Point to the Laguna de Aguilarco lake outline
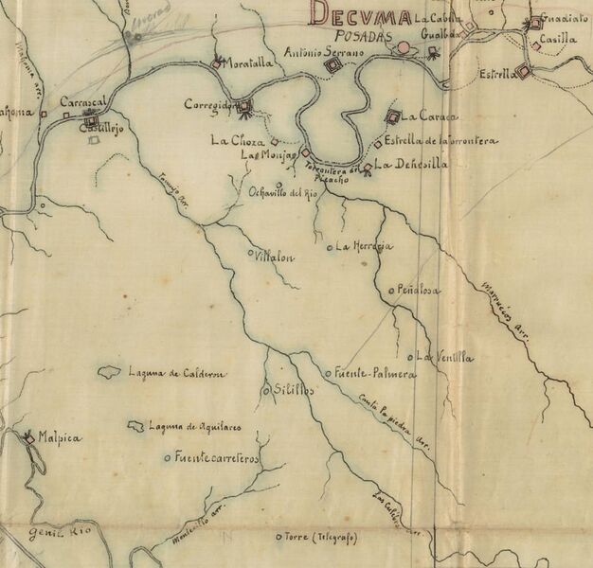pos(136,426)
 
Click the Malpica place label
pos(59,439)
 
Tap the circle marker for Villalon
pos(250,254)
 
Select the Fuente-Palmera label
pos(375,374)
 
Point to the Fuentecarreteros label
pos(217,459)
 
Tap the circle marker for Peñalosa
pos(391,290)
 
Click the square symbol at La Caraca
pos(392,116)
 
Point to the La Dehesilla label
pos(410,165)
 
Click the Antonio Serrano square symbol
pos(332,65)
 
